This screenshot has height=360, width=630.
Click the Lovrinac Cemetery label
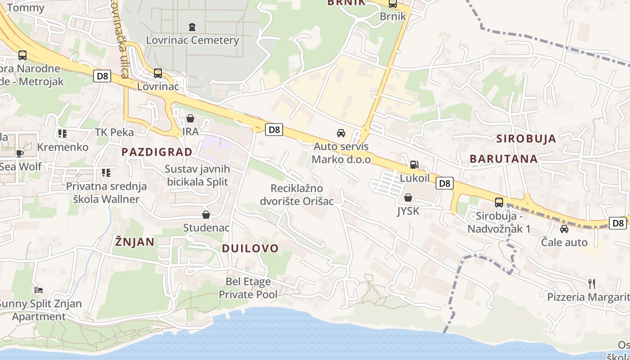192,40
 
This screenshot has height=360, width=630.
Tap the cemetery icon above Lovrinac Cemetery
192,27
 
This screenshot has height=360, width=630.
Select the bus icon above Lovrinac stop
157,73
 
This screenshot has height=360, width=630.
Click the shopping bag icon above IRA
190,118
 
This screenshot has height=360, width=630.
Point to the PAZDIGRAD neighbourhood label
157,152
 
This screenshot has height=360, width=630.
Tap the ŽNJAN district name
135,242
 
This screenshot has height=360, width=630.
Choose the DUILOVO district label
250,248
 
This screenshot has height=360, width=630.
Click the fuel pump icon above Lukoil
414,165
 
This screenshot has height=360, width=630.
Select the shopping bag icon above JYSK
408,198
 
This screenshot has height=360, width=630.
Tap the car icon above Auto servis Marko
341,133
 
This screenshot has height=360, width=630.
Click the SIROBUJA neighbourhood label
526,139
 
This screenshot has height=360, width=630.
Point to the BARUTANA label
504,158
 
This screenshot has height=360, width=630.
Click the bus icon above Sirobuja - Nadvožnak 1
499,202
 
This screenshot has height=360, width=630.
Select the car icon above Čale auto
564,229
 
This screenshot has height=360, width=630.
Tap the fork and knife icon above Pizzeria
592,283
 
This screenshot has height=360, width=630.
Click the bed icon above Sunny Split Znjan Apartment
39,290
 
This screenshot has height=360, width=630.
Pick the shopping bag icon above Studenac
206,215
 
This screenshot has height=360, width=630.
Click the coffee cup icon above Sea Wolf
20,153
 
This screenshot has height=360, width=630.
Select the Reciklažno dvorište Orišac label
297,194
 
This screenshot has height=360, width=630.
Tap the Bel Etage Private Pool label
248,288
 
